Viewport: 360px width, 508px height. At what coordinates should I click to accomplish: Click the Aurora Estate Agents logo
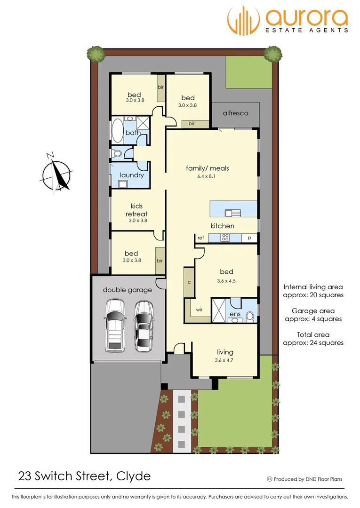(x=288, y=20)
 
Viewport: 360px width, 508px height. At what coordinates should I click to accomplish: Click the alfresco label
(x=235, y=113)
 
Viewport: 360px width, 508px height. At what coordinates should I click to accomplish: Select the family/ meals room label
(x=208, y=168)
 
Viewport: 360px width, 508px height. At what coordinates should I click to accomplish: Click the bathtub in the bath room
(x=117, y=131)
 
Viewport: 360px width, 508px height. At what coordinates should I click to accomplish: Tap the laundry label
(x=132, y=175)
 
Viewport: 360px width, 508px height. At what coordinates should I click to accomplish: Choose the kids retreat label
(x=136, y=210)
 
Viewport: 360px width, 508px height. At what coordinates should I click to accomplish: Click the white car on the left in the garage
(x=115, y=325)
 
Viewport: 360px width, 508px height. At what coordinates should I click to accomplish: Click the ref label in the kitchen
(x=200, y=238)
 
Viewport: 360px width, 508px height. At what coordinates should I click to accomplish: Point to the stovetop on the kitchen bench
(x=225, y=238)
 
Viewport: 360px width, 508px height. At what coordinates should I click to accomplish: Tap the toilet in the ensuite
(x=250, y=316)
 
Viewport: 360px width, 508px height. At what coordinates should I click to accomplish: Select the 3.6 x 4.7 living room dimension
(x=225, y=360)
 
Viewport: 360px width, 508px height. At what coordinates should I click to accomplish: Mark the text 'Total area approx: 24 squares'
(x=313, y=339)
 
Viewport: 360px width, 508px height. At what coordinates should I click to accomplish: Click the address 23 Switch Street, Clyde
(x=85, y=476)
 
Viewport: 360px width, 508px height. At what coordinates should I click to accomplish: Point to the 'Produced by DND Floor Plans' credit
(x=304, y=479)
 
